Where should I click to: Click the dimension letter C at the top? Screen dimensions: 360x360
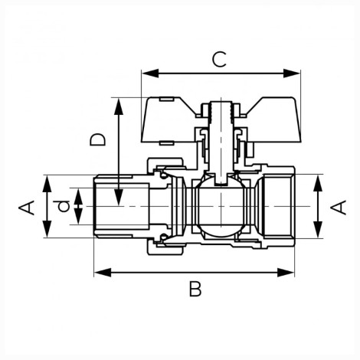[x=219, y=60]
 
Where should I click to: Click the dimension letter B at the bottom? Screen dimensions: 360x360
[x=195, y=289]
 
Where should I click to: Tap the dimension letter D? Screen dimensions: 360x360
[x=97, y=139]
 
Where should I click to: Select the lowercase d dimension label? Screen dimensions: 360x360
[x=64, y=206]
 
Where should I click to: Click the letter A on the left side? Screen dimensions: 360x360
[x=27, y=208]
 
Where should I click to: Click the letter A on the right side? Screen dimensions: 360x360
[x=338, y=207]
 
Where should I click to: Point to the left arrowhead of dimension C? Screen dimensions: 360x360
[x=150, y=74]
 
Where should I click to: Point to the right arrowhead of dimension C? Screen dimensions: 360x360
[x=292, y=74]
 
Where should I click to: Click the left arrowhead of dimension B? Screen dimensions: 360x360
[x=103, y=273]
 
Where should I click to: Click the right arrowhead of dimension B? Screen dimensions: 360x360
[x=286, y=273]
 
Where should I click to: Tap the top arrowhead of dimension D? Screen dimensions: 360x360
[x=119, y=106]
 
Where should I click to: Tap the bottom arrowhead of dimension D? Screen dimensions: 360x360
[x=119, y=197]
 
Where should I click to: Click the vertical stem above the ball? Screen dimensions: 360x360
[x=221, y=140]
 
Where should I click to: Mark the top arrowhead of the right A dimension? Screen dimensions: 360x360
[x=318, y=183]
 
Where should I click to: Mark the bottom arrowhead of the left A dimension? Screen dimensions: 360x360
[x=47, y=229]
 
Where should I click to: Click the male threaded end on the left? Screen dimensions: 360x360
[x=121, y=206]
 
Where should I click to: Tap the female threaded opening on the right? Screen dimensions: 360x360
[x=279, y=206]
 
